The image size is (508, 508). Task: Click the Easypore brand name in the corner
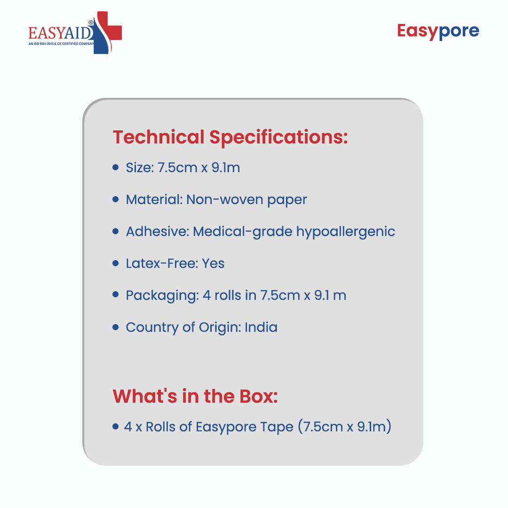click(x=438, y=32)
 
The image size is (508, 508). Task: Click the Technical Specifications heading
click(x=230, y=137)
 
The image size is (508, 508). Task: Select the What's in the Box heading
click(x=195, y=396)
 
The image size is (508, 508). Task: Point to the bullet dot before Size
click(x=116, y=167)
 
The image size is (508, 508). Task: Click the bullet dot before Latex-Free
click(x=116, y=263)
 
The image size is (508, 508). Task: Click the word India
click(x=261, y=327)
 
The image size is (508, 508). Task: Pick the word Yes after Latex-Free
click(x=213, y=263)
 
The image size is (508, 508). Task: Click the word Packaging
click(x=162, y=296)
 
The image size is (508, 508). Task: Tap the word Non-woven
click(x=224, y=200)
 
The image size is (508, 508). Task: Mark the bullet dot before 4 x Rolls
click(x=116, y=426)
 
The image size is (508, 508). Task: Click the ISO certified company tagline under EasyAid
click(x=61, y=44)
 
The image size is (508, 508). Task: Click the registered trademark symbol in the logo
click(x=91, y=23)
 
